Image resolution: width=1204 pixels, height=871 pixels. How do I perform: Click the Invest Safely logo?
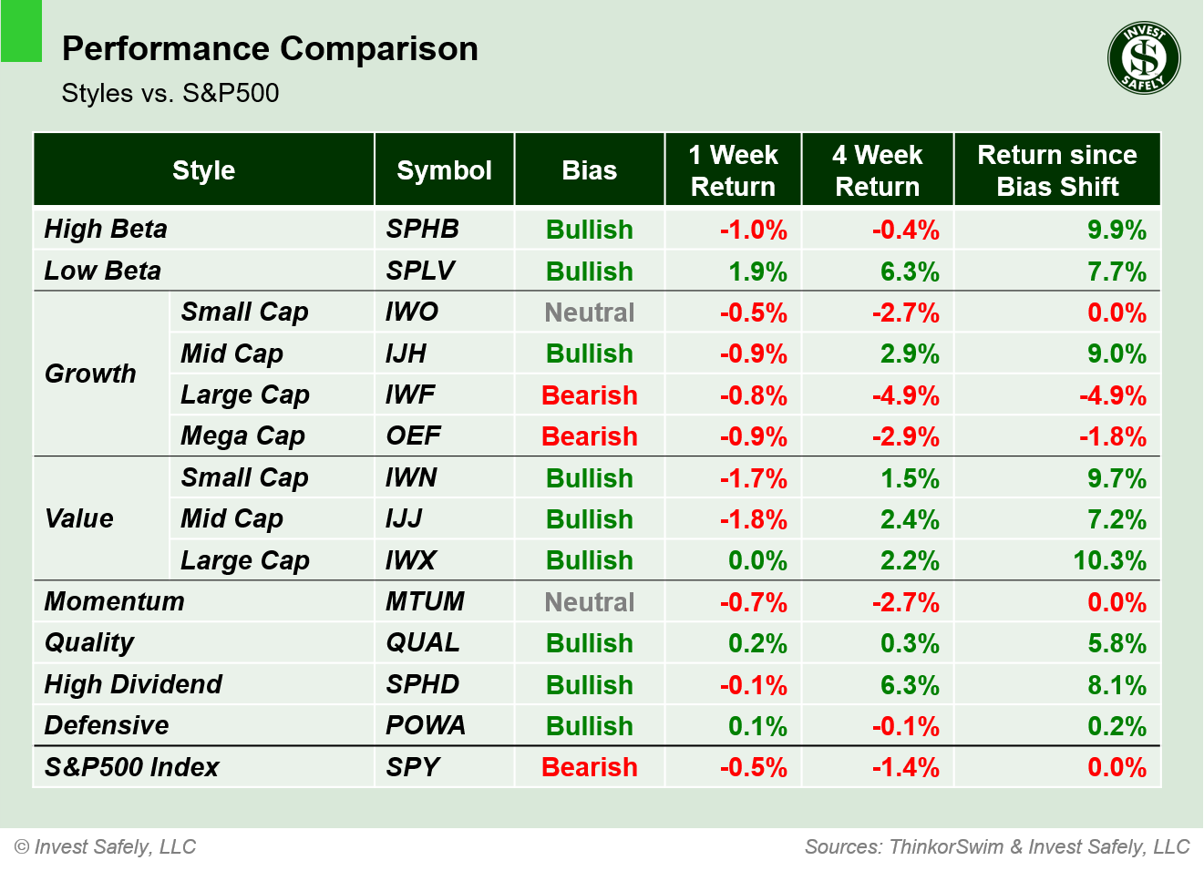(x=1144, y=58)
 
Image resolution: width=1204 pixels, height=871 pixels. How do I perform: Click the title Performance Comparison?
(x=270, y=48)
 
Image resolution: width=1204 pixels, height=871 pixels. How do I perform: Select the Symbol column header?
(x=444, y=170)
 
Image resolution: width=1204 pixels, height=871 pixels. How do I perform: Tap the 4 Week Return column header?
(x=877, y=170)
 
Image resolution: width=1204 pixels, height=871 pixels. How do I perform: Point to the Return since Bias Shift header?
(x=1056, y=170)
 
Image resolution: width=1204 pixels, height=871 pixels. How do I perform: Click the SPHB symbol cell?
(x=422, y=229)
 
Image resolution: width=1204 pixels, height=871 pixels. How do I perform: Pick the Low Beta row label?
(x=103, y=271)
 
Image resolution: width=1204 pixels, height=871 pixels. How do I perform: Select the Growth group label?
(x=90, y=374)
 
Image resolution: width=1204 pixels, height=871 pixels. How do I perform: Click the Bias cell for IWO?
(x=589, y=313)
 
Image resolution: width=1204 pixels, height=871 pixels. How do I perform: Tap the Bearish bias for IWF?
(x=589, y=395)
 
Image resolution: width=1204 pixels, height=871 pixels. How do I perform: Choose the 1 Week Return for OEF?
(x=753, y=436)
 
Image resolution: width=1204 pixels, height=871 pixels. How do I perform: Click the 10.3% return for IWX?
(x=1109, y=560)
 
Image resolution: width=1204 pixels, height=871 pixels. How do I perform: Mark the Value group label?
(x=79, y=518)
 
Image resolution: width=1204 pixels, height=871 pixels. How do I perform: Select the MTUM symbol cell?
(x=425, y=601)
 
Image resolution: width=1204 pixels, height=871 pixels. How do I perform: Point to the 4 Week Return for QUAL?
(x=909, y=643)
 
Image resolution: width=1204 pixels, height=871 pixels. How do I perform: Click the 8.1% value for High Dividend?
(x=1117, y=685)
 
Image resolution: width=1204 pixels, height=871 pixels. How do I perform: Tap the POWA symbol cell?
(x=425, y=725)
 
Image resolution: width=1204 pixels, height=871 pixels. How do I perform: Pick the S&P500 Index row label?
(x=132, y=767)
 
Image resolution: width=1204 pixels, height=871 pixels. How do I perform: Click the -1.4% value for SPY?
(x=905, y=767)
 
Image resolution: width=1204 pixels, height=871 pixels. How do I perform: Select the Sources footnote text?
(x=997, y=846)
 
